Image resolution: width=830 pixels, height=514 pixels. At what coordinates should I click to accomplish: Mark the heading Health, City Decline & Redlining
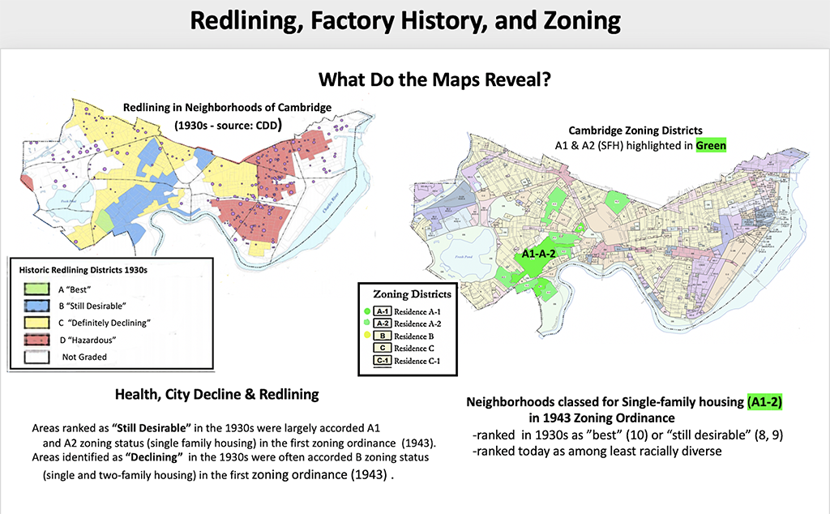point(217,395)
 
